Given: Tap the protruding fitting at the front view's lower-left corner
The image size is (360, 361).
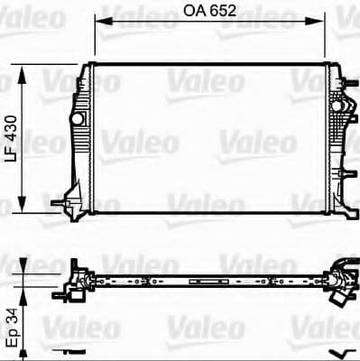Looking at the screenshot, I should pyautogui.click(x=63, y=205).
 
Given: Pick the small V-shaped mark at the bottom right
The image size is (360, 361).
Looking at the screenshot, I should pyautogui.click(x=339, y=352).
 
